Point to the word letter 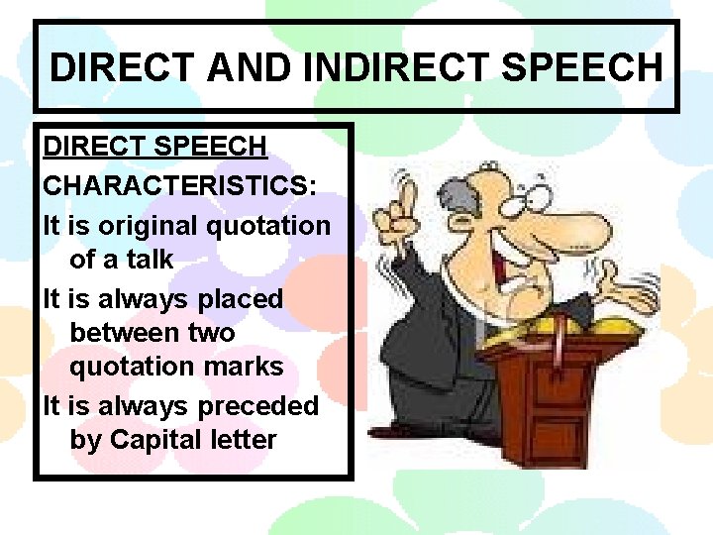pos(245,439)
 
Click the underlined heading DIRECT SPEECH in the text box pos(154,147)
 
